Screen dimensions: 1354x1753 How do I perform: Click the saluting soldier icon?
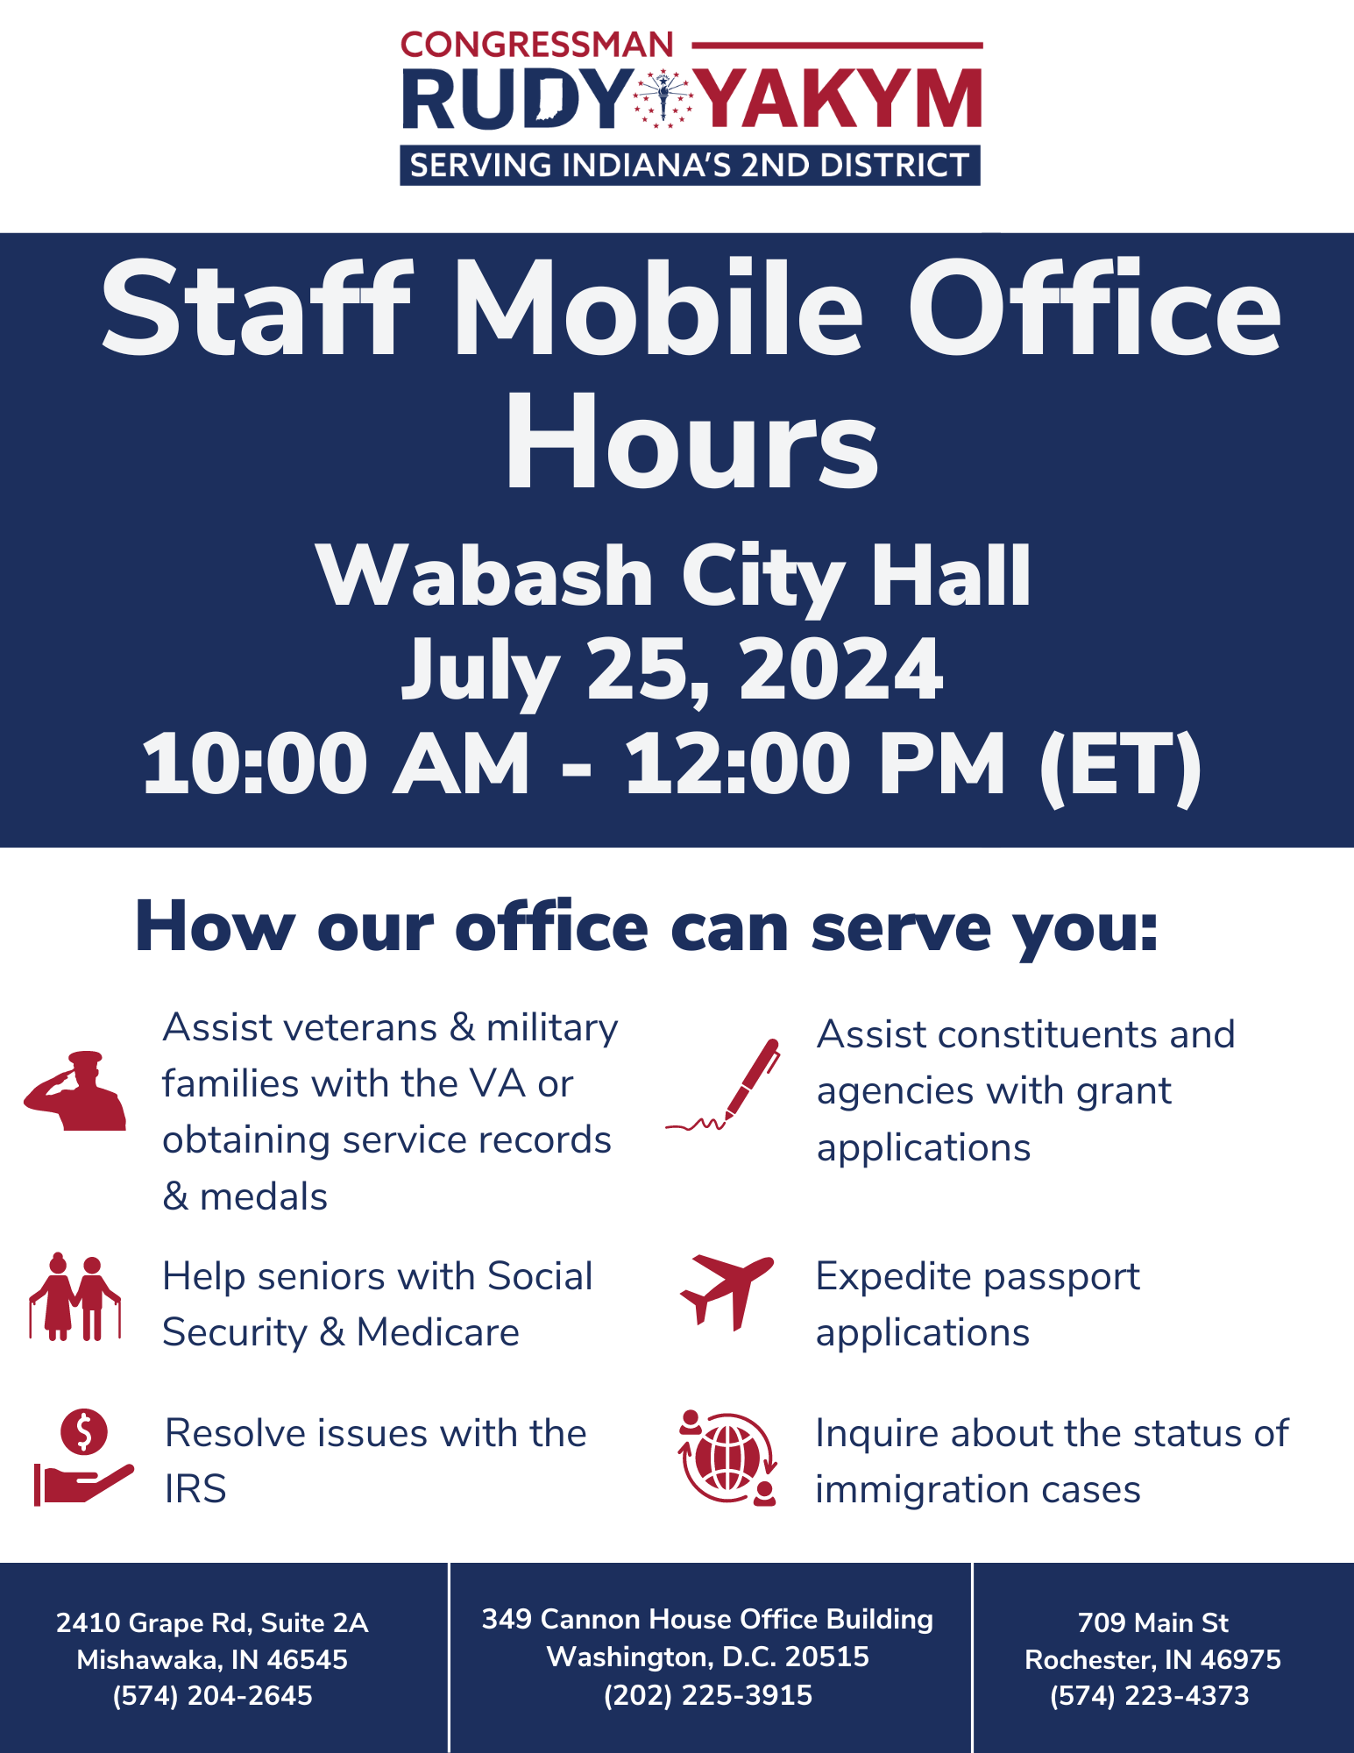click(x=75, y=1090)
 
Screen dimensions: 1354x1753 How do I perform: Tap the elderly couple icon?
click(x=74, y=1296)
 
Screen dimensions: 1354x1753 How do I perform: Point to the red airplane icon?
click(x=727, y=1292)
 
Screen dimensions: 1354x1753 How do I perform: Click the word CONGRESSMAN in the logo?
click(x=537, y=45)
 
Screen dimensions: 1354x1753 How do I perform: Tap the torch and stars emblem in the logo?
click(x=663, y=98)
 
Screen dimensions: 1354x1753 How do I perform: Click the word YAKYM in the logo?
click(x=840, y=99)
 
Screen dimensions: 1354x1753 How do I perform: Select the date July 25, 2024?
click(x=673, y=670)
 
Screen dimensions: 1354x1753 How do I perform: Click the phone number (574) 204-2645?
click(x=212, y=1696)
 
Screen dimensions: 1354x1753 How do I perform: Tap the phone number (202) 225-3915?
click(x=708, y=1695)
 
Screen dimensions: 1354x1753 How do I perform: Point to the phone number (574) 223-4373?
click(x=1150, y=1695)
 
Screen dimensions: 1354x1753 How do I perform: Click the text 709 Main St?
click(x=1153, y=1622)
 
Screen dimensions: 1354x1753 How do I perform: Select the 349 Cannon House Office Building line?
click(x=708, y=1619)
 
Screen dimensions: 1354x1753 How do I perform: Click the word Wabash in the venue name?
click(x=486, y=576)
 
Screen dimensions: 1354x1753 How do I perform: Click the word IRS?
click(x=195, y=1489)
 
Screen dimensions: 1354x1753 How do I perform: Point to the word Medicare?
click(x=437, y=1332)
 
